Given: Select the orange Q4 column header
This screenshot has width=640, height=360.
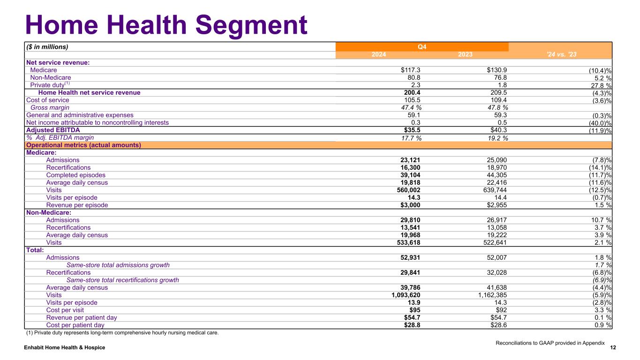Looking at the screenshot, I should pyautogui.click(x=422, y=47).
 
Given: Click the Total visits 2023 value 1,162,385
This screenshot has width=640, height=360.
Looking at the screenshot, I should pyautogui.click(x=489, y=295).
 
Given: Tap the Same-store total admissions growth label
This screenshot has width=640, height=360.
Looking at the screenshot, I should pyautogui.click(x=118, y=265).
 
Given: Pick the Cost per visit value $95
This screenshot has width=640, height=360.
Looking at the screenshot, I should pyautogui.click(x=420, y=310).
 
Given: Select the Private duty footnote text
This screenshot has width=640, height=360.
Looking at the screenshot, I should pyautogui.click(x=122, y=333).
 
